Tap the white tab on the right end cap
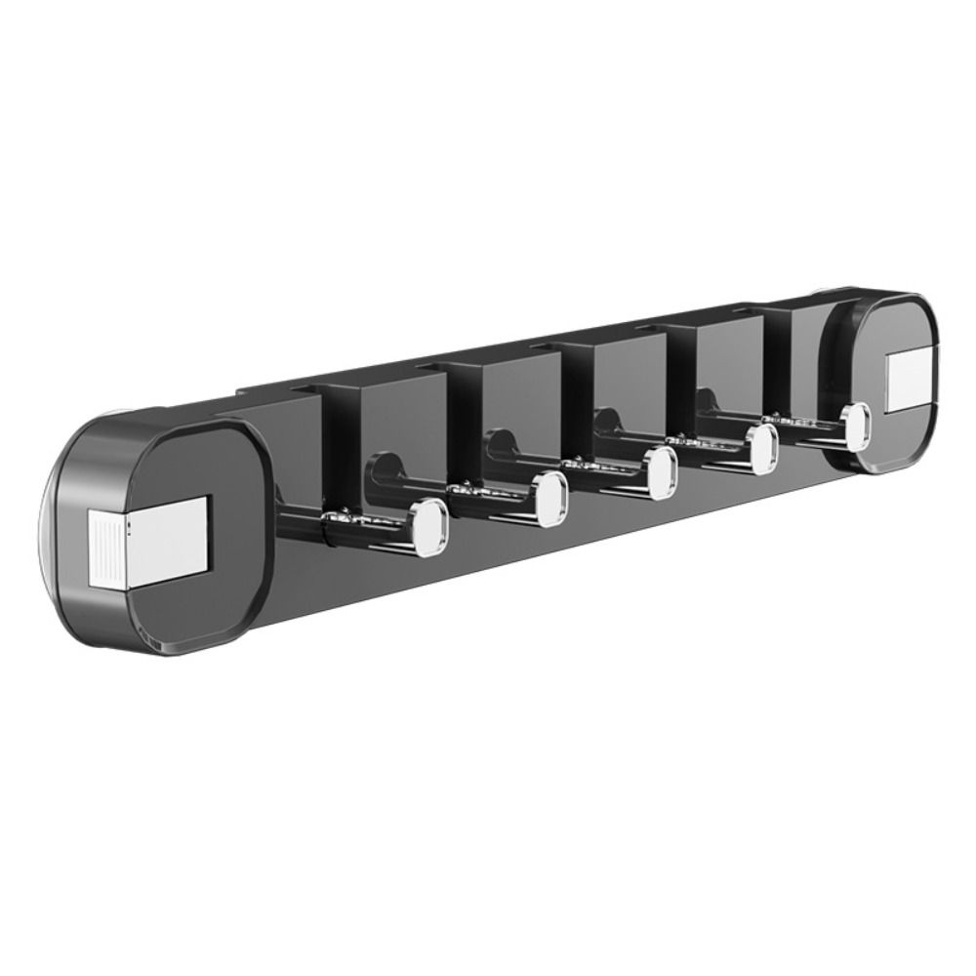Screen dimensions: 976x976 909,383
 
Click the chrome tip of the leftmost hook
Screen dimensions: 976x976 427,527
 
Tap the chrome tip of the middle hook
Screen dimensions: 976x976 663,471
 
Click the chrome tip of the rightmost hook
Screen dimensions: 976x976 855,427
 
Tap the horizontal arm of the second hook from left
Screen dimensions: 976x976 493,494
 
